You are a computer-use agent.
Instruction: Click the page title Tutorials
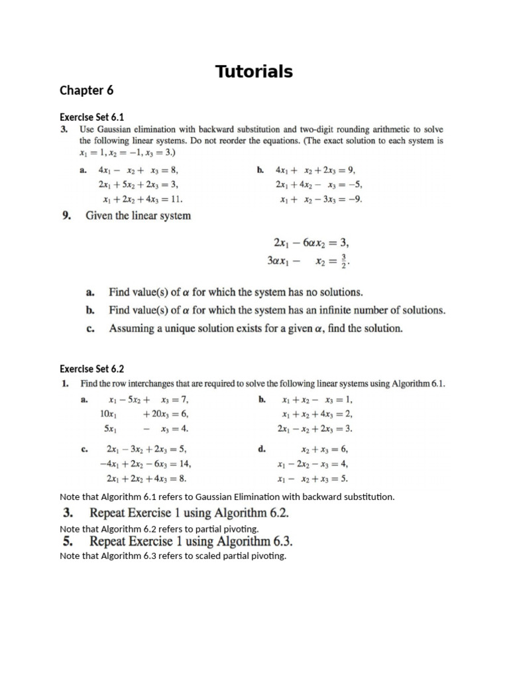click(254, 72)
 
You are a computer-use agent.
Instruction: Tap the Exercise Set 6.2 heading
click(92, 369)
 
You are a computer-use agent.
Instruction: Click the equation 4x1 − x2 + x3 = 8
click(139, 170)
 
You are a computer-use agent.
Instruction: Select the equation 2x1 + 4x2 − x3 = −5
click(319, 184)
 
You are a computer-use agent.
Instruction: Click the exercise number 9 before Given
click(66, 216)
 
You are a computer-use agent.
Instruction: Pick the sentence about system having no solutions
click(236, 292)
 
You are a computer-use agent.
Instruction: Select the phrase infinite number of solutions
click(383, 310)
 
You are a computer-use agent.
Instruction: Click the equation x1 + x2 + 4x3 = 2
click(317, 414)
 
